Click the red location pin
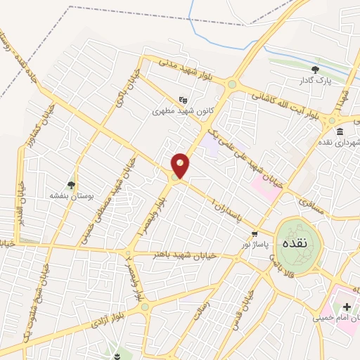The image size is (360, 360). coord(181,165)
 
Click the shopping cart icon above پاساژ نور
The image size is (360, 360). coord(254,233)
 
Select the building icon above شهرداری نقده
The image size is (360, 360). coord(340,132)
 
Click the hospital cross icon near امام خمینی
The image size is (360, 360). coord(346,307)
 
